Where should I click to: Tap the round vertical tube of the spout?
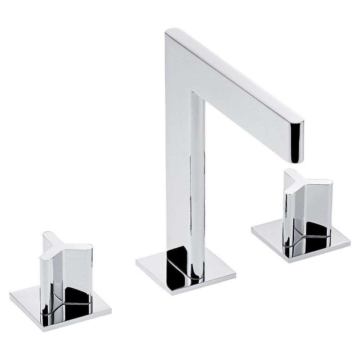tap(197, 180)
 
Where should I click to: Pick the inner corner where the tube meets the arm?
tap(193, 93)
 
